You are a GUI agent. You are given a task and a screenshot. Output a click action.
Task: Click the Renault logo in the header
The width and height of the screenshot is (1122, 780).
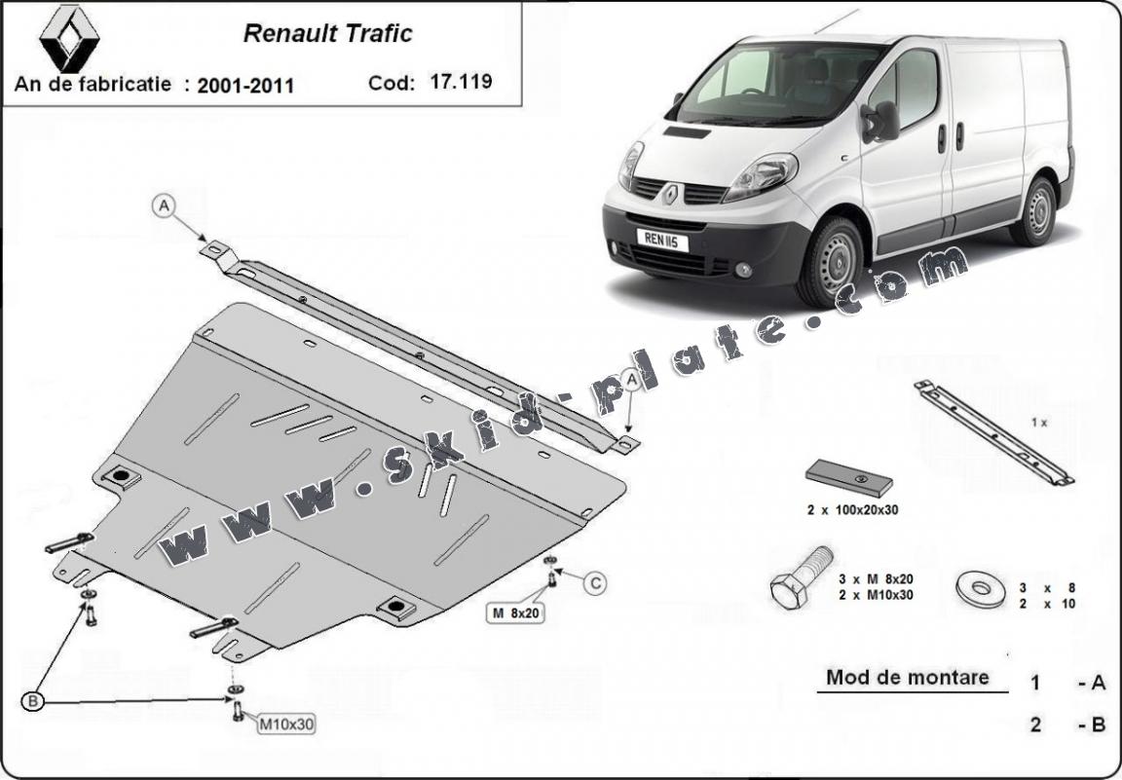[x=69, y=38]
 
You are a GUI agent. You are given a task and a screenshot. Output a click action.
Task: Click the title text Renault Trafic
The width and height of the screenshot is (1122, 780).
[x=327, y=34]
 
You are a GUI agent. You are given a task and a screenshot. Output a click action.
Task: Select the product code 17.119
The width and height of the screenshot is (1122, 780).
[x=461, y=81]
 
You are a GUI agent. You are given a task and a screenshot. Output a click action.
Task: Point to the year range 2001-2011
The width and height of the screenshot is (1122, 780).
[x=245, y=86]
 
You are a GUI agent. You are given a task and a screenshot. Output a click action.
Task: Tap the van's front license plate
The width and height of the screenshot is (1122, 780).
[x=662, y=241]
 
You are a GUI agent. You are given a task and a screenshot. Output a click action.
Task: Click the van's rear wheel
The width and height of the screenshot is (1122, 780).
[x=1035, y=211]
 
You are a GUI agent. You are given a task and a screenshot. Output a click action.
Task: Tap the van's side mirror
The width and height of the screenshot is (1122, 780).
[x=881, y=122]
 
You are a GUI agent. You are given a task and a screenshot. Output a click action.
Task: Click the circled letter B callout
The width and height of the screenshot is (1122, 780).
[x=32, y=701]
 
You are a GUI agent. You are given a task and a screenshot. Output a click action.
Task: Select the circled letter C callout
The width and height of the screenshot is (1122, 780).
[x=595, y=584]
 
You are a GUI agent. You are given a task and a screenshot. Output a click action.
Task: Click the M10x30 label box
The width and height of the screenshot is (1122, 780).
[x=286, y=724]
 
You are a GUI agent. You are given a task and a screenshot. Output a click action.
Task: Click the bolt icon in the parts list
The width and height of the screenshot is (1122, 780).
[x=801, y=577]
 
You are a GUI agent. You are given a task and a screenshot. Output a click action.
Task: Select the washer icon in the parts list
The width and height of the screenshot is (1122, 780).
[x=981, y=588]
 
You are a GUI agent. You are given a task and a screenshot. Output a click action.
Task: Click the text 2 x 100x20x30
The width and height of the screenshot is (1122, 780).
[x=852, y=510]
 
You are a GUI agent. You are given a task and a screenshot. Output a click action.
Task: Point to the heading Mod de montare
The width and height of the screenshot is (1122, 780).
[x=908, y=677]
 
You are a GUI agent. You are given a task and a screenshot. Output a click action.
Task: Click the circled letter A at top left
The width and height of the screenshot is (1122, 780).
[x=164, y=206]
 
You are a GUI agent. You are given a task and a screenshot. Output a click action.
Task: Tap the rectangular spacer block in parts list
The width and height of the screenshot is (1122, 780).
[x=848, y=478]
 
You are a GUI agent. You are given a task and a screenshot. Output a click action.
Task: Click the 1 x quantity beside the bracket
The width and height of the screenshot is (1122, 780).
[x=1039, y=423]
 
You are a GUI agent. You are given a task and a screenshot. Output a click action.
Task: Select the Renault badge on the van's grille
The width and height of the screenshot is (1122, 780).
[x=670, y=193]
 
